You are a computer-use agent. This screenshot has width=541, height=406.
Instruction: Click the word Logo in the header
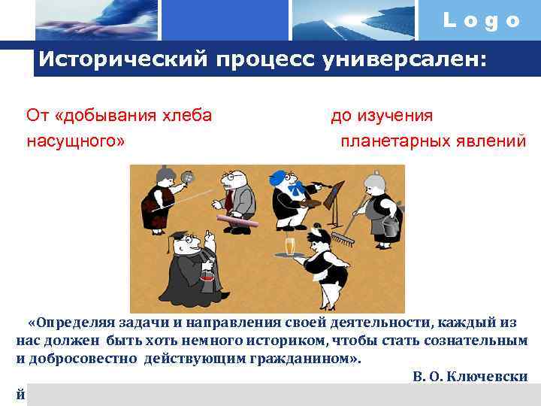pos(482,20)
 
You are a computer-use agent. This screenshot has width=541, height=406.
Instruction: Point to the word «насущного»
pos(75,141)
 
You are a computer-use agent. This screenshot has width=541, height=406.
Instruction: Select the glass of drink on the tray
pos(290,247)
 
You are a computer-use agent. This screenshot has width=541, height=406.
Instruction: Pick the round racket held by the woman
pos(187,177)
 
